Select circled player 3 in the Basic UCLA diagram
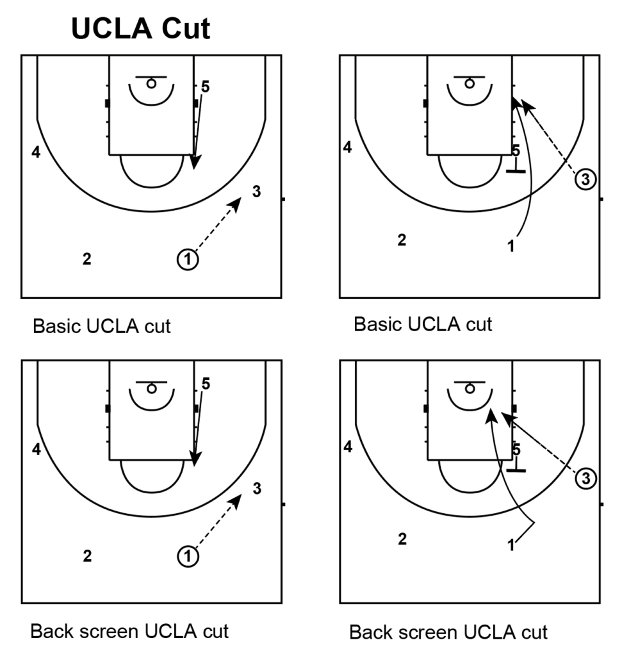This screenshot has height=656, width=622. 585,179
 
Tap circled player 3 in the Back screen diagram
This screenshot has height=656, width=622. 585,477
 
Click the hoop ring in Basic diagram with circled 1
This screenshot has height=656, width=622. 151,83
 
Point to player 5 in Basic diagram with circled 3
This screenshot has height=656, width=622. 516,151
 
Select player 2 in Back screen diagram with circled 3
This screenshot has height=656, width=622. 402,539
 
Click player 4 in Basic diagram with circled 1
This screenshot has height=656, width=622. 37,152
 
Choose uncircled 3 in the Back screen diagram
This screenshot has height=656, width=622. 256,489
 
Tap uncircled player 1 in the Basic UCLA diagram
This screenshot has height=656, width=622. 511,247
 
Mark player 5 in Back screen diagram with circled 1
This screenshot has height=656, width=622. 205,384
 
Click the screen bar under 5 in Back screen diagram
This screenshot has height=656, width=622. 516,471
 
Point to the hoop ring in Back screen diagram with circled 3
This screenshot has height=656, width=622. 470,388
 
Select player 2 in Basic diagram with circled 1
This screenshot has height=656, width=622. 86,259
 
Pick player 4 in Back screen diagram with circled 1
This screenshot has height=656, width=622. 37,449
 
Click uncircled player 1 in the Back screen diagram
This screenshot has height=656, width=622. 511,546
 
